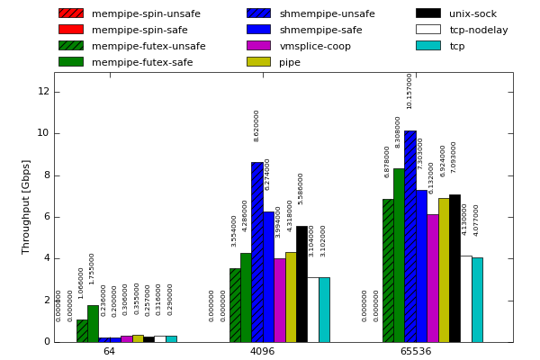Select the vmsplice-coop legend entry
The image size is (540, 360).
click(x=315, y=46)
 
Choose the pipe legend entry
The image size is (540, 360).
click(x=290, y=62)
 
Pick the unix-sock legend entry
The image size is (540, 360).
click(x=472, y=13)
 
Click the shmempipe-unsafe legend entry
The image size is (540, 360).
click(x=327, y=13)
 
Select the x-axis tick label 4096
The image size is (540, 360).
click(x=262, y=351)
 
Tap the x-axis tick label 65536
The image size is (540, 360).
click(x=416, y=351)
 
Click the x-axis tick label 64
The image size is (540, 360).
click(x=109, y=351)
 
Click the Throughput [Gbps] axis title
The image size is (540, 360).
click(x=27, y=207)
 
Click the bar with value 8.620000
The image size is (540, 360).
click(x=256, y=252)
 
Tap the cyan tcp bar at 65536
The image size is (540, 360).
click(x=477, y=300)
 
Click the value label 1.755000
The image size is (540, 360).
click(x=92, y=268)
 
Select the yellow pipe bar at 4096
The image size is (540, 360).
click(x=290, y=297)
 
